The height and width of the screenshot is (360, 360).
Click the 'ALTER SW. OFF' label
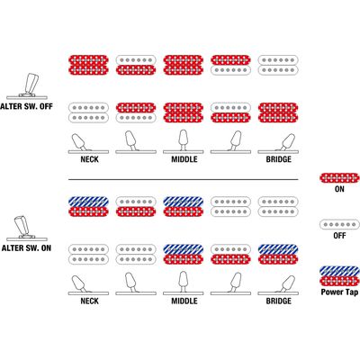26,106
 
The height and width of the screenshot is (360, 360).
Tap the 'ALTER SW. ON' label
26,248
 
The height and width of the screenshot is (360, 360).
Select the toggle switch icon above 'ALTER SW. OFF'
27,85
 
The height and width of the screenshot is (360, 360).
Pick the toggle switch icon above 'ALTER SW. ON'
27,228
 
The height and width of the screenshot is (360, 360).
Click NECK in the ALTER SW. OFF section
89,159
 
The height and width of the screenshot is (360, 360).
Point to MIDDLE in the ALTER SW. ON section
184,301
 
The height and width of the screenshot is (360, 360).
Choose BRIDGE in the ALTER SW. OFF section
279,159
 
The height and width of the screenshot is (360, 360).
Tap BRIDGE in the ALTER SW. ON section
279,301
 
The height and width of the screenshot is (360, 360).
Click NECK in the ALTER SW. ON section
89,301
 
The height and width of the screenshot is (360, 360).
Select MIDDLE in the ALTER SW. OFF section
184,159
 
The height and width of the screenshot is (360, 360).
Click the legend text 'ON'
339,189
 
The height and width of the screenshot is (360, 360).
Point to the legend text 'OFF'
339,236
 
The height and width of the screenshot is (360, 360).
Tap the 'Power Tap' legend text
339,292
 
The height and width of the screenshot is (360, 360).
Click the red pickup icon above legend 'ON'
339,178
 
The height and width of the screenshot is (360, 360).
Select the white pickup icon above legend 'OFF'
339,224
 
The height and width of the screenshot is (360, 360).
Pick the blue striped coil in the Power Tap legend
339,271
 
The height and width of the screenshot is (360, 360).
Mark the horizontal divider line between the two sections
184,180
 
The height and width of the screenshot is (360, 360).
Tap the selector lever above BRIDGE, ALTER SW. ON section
287,284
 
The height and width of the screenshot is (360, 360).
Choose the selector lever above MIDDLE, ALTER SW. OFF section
184,139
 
